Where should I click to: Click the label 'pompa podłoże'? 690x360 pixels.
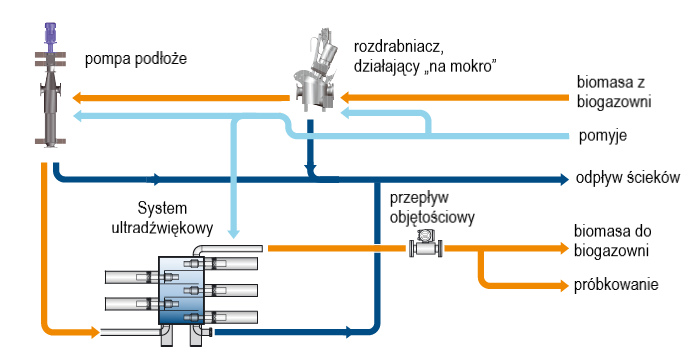136,59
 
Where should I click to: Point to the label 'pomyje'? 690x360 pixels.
602,136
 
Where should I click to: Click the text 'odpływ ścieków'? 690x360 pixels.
628,177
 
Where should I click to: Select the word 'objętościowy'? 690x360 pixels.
432,217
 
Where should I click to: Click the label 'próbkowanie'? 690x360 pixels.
616,285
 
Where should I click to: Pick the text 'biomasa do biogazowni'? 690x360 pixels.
613,241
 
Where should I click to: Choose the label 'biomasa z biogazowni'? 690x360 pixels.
614,92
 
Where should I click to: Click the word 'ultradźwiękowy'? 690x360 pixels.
162,228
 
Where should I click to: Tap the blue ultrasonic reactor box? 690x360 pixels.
181,291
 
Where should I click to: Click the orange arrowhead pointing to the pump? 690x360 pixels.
77,98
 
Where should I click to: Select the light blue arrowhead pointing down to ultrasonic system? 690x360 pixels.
233,232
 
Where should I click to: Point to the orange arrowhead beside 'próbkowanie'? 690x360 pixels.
564,285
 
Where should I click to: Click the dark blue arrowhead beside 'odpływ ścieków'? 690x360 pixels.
564,179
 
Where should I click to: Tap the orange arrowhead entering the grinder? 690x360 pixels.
346,97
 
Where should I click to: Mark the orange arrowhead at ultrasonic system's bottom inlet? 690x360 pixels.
95,332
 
